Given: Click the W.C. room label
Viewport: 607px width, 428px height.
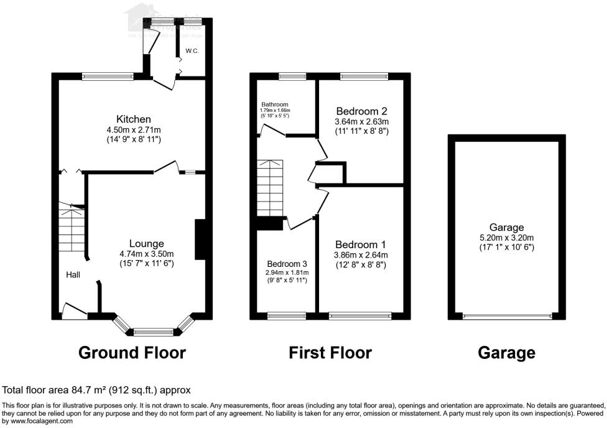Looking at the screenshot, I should click(192, 51).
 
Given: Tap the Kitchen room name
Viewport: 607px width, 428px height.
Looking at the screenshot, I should click(133, 119).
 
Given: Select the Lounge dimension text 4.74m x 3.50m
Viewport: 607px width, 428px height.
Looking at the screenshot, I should click(146, 254).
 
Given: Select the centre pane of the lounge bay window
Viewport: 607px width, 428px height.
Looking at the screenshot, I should click(155, 332).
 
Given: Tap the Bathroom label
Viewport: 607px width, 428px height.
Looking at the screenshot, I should click(274, 105).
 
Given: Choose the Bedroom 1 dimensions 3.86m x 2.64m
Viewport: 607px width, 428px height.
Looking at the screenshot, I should click(361, 254).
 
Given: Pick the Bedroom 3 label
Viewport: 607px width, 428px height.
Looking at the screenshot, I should click(287, 264).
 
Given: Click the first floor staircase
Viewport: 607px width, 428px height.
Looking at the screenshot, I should click(270, 187).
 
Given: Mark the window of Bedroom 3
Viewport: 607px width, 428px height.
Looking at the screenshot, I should click(286, 316).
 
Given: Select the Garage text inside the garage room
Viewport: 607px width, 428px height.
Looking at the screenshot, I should click(507, 228).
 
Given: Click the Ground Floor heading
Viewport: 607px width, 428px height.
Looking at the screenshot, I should click(132, 353).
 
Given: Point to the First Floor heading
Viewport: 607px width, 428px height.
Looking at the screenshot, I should click(330, 353).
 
